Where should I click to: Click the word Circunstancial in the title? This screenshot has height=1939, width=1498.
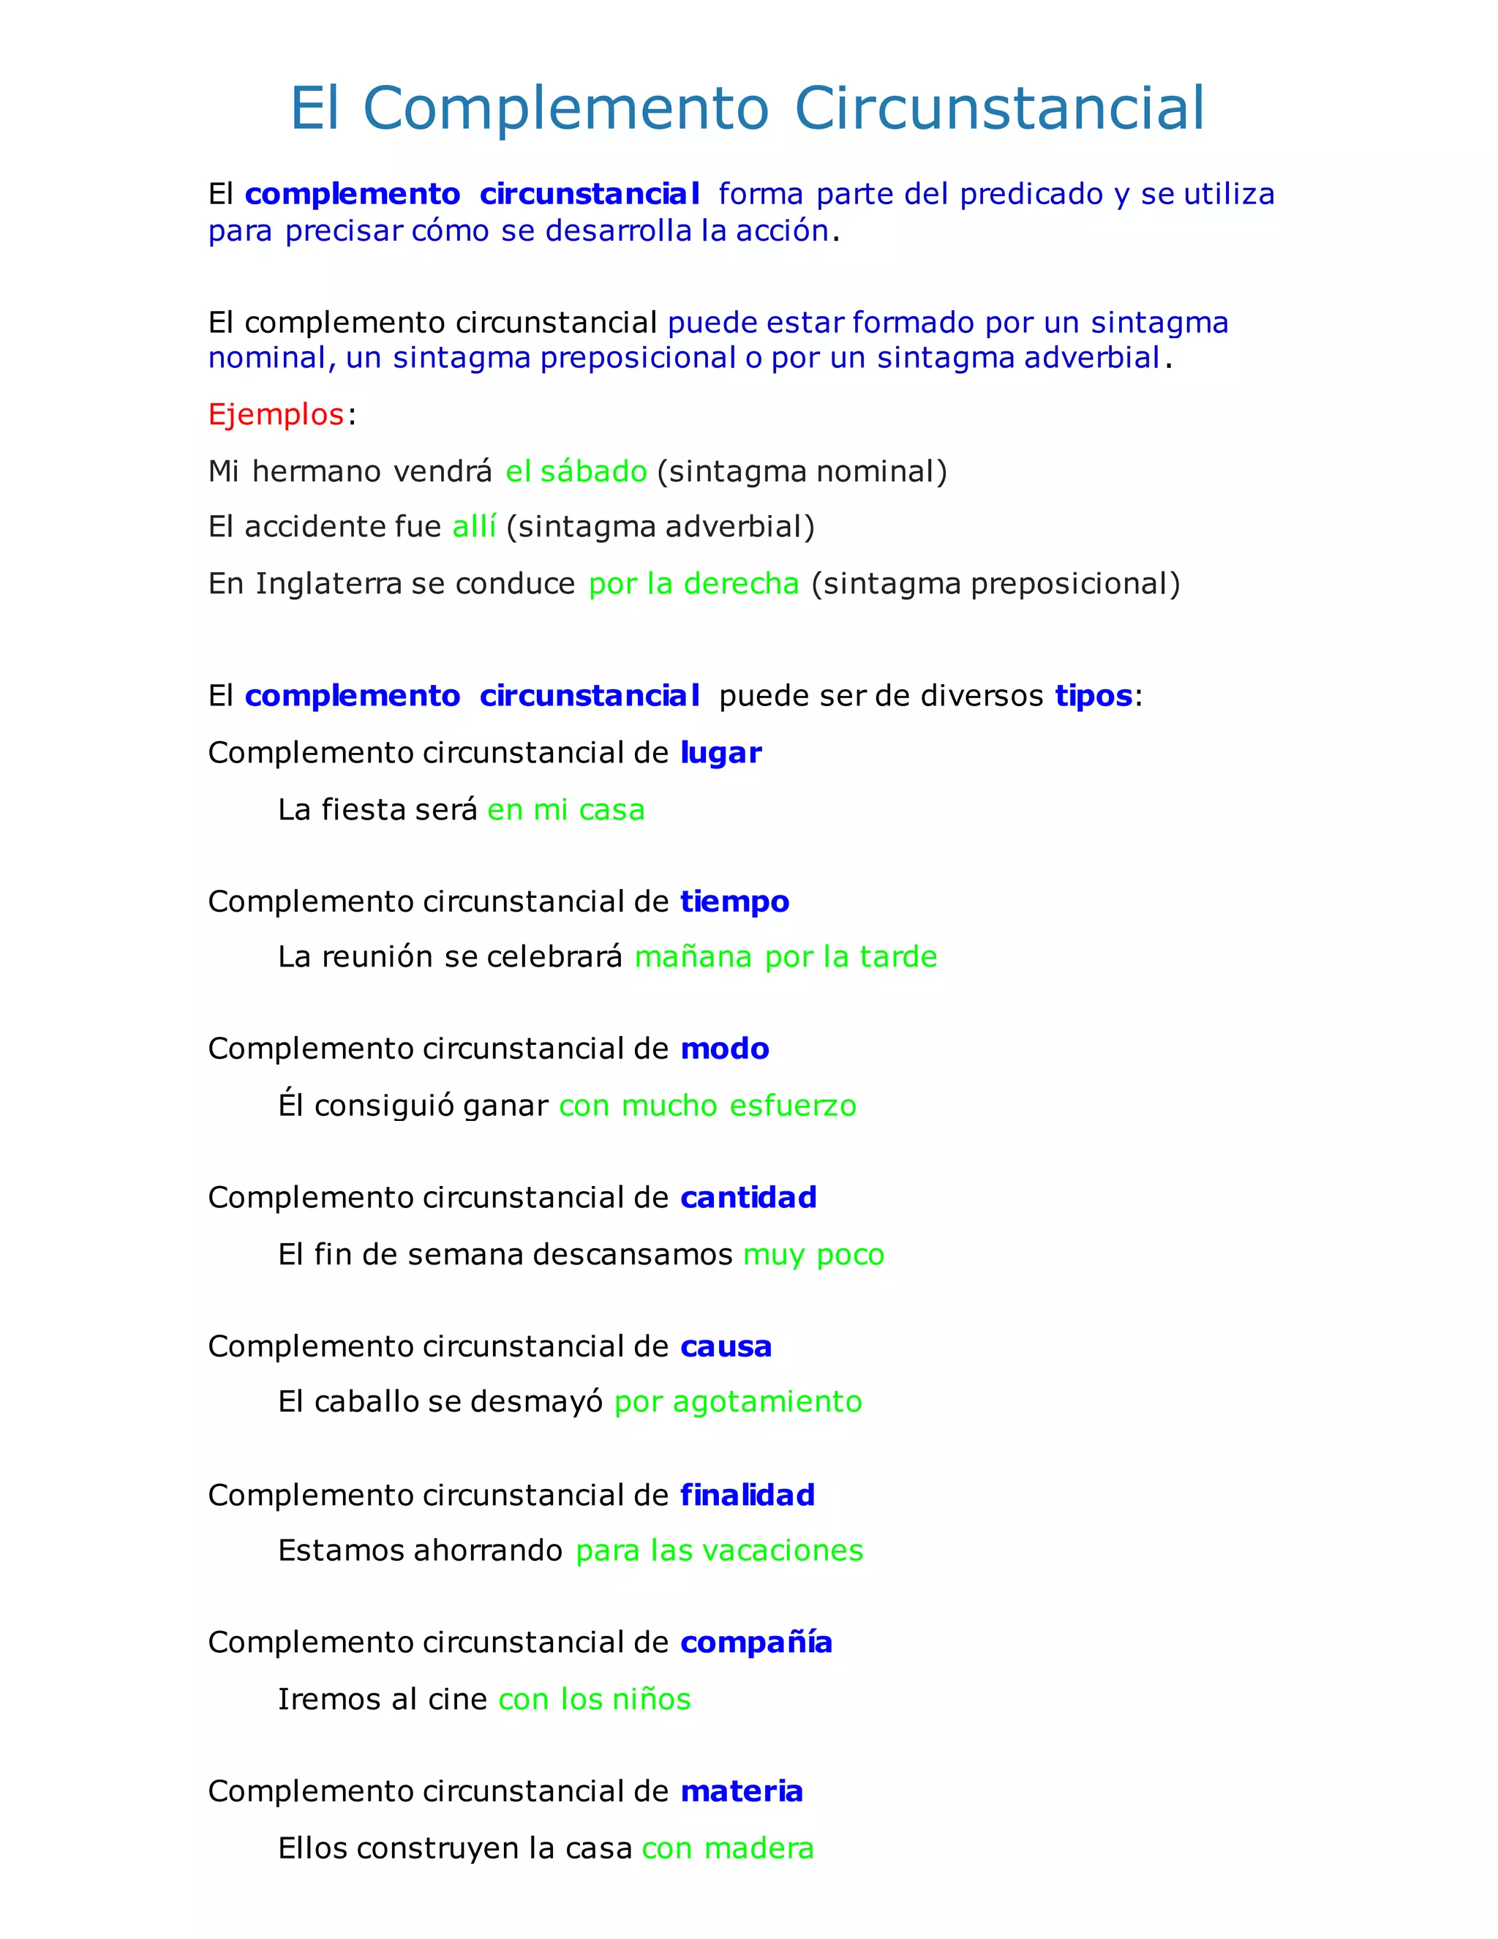pyautogui.click(x=999, y=108)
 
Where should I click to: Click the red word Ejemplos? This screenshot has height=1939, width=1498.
pyautogui.click(x=276, y=415)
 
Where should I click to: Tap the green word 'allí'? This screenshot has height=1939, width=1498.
pyautogui.click(x=474, y=528)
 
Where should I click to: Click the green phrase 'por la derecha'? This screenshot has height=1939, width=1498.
pyautogui.click(x=694, y=584)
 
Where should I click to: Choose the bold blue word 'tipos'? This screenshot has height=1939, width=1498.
pyautogui.click(x=1094, y=696)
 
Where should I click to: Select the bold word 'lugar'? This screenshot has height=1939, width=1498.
pyautogui.click(x=720, y=753)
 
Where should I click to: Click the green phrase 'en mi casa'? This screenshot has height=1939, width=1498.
pyautogui.click(x=566, y=810)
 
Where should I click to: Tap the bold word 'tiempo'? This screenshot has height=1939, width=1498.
pyautogui.click(x=735, y=902)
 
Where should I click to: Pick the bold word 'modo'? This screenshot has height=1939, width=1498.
pyautogui.click(x=724, y=1049)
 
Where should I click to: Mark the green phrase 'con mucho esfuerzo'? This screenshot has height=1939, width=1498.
pyautogui.click(x=707, y=1106)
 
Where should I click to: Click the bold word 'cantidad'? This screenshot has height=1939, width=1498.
pyautogui.click(x=748, y=1198)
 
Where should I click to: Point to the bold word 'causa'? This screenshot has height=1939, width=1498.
pyautogui.click(x=726, y=1347)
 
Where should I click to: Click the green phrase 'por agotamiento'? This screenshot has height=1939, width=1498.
pyautogui.click(x=737, y=1402)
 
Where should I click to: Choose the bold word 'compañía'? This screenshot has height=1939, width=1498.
pyautogui.click(x=756, y=1643)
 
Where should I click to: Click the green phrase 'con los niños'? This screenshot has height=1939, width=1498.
pyautogui.click(x=595, y=1699)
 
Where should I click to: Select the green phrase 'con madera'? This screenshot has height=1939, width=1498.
pyautogui.click(x=728, y=1848)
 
